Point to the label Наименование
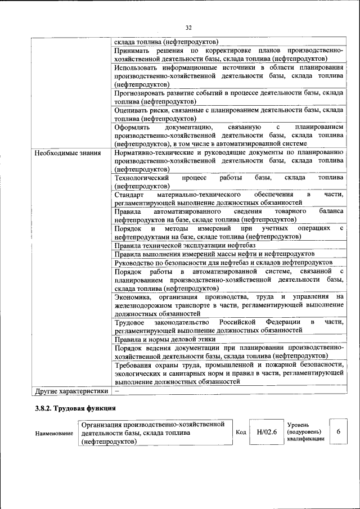[54, 433]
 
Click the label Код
[241, 432]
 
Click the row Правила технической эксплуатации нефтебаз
[185, 245]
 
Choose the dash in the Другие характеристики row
[117, 390]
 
